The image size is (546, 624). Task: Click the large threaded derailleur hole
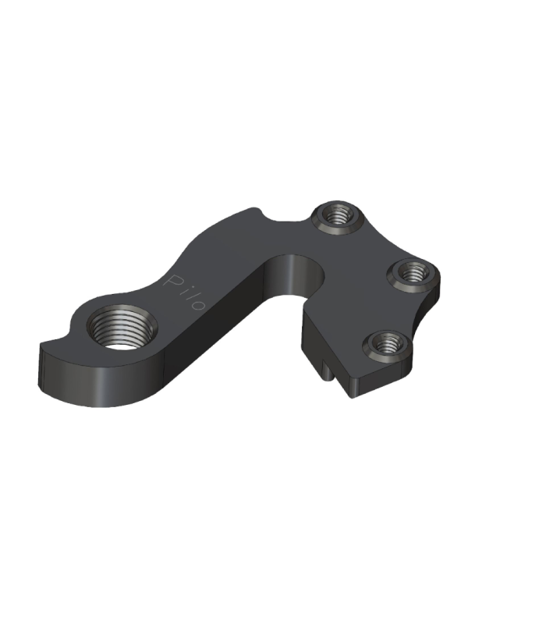122,328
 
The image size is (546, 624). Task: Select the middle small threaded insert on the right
413,274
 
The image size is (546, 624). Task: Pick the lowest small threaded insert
388,344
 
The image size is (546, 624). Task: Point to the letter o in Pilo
199,304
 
